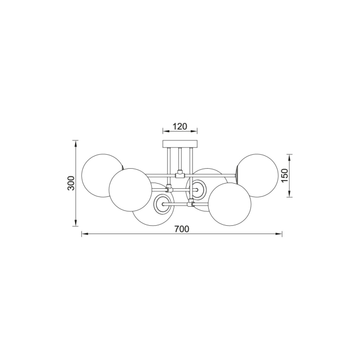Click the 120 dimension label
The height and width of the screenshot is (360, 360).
179,126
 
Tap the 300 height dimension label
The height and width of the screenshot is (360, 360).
71,183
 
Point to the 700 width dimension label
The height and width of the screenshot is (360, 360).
182,229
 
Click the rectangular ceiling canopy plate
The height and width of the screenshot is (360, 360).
180,143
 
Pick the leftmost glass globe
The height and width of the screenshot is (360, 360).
101,175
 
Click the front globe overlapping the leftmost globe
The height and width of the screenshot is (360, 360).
130,190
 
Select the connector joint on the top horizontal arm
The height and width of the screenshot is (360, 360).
180,174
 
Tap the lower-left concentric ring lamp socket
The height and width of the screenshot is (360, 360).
164,204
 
